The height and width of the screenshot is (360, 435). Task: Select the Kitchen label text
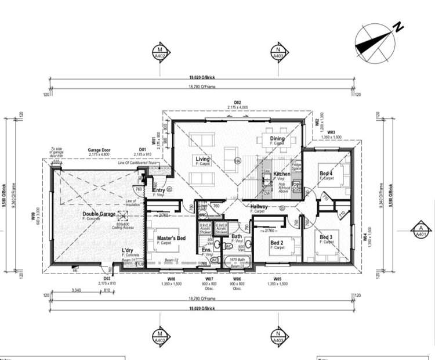click(x=281, y=174)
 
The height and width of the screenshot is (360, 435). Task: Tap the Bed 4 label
click(x=326, y=174)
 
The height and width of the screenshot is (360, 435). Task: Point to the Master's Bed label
click(x=171, y=238)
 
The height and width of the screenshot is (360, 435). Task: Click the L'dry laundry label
click(x=128, y=251)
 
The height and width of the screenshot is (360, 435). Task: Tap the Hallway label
click(x=259, y=207)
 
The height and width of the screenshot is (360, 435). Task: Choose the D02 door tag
click(x=237, y=102)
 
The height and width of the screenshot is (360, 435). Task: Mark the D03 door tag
click(x=107, y=278)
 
